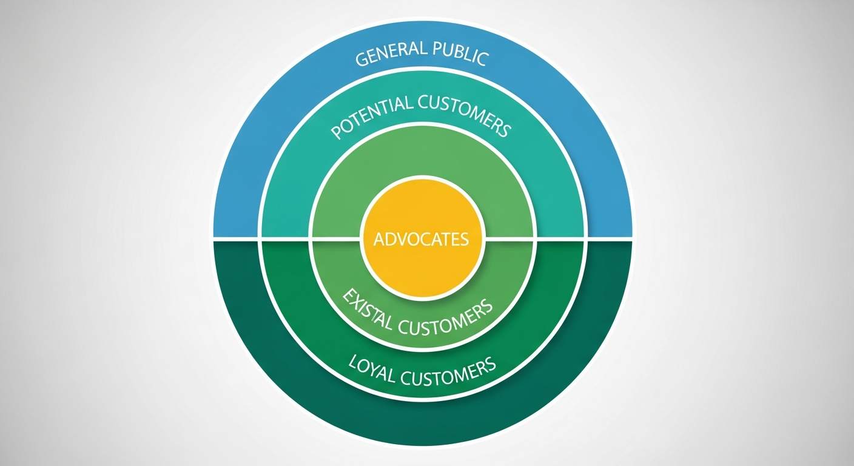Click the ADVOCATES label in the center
tap(422, 239)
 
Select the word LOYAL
tap(371, 370)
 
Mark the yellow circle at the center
tap(422, 267)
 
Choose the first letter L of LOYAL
tap(354, 362)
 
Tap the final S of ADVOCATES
tap(464, 239)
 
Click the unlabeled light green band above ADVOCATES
tap(422, 152)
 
